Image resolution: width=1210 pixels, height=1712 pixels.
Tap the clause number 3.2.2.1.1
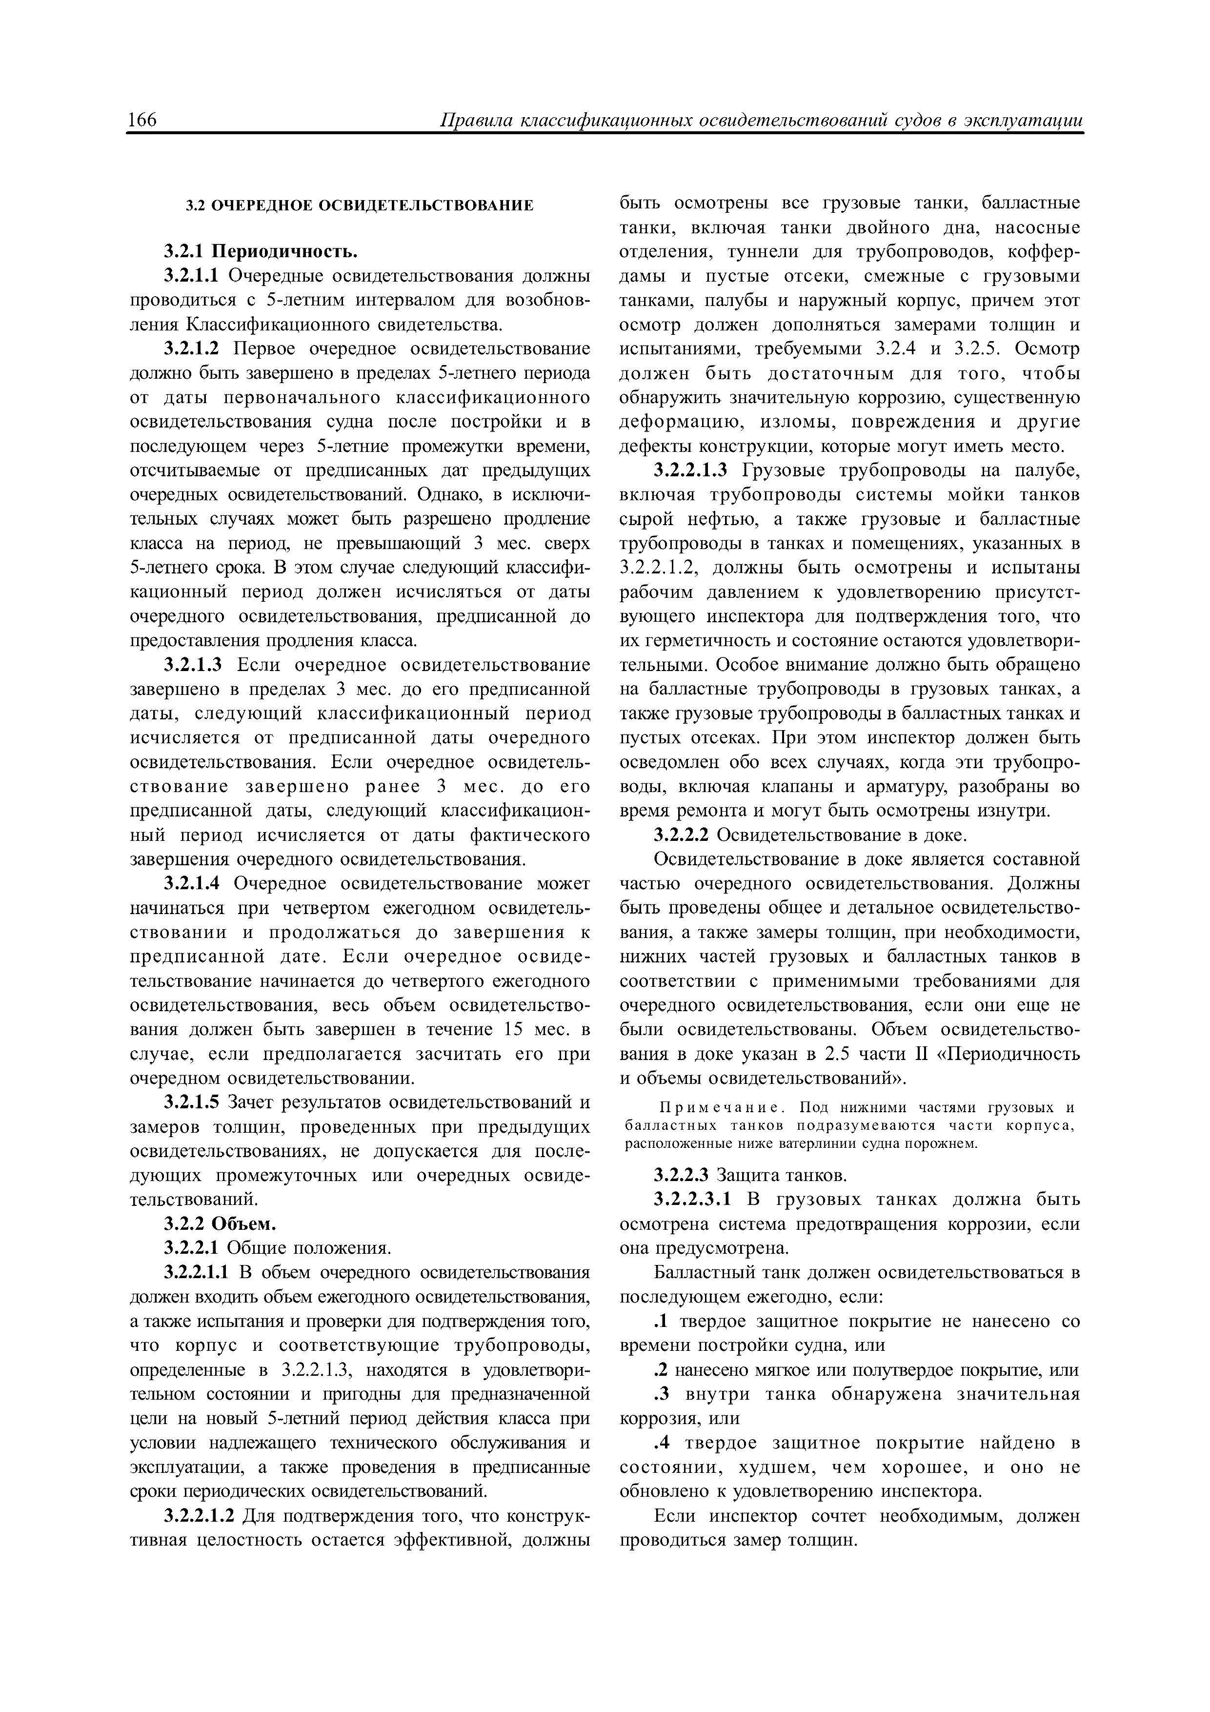pyautogui.click(x=199, y=1272)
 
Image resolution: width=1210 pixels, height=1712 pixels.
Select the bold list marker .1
pyautogui.click(x=661, y=1322)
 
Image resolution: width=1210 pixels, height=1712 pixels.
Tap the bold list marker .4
pyautogui.click(x=661, y=1443)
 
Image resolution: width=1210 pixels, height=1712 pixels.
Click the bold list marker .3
pyautogui.click(x=661, y=1394)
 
